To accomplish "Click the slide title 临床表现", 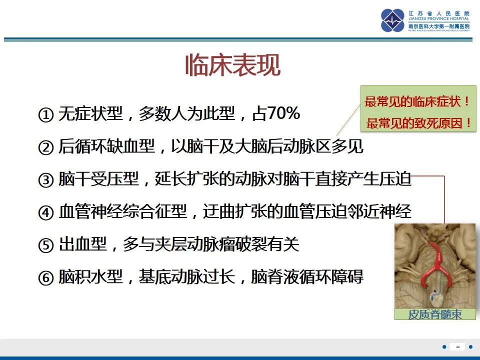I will pos(232,65).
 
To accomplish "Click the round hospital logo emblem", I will pos(392,20).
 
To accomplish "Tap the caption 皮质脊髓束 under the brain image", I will pos(434,314).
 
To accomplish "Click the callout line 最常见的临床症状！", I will pos(417,102).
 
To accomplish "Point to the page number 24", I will pos(457,346).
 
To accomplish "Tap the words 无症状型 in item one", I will pos(90,114).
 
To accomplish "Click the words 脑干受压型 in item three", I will pos(90,179).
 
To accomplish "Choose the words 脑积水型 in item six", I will pos(90,277).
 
